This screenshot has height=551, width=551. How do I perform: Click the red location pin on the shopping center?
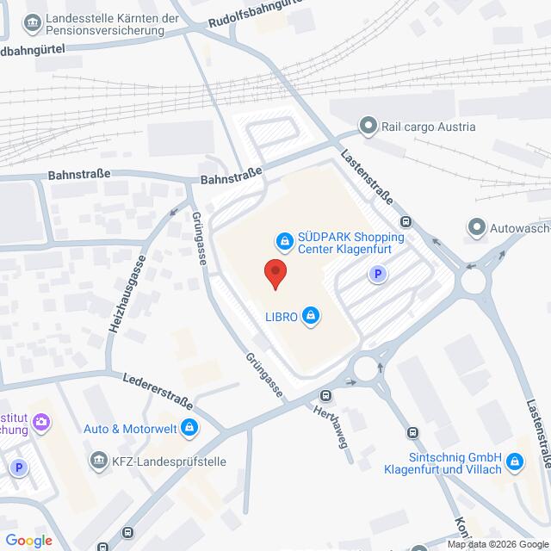[275, 273]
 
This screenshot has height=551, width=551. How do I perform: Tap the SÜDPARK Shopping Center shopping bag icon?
[282, 240]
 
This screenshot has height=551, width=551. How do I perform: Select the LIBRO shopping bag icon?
[312, 317]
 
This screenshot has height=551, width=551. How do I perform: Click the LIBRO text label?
[282, 317]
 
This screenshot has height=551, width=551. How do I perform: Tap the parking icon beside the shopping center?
[375, 275]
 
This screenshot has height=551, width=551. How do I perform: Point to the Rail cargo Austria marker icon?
[368, 127]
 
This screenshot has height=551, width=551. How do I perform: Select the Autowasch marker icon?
[475, 228]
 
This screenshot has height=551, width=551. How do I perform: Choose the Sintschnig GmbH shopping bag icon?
[515, 462]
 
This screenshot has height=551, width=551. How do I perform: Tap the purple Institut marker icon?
[44, 422]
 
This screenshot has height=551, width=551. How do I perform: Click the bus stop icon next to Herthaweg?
[325, 395]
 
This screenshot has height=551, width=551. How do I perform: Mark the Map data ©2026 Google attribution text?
[497, 543]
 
